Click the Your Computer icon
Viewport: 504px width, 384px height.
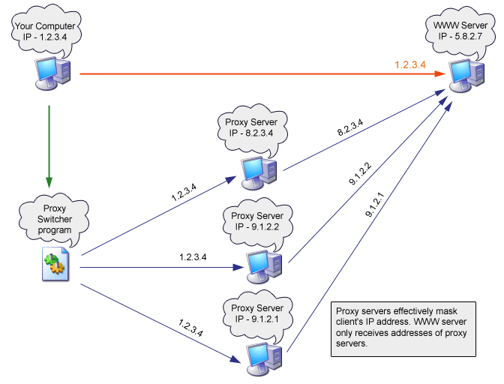[49, 73]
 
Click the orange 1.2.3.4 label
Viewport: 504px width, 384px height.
[410, 65]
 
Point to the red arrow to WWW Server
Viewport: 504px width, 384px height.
[247, 73]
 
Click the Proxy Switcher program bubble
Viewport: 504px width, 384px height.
[55, 217]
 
